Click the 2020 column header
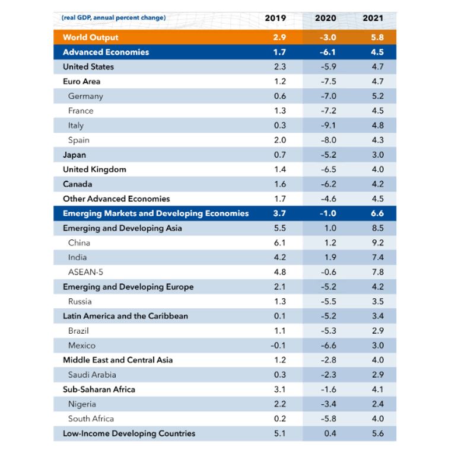click(x=325, y=18)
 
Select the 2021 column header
click(x=373, y=18)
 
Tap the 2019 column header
click(x=275, y=18)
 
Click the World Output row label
click(x=90, y=37)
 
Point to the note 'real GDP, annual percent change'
click(x=114, y=18)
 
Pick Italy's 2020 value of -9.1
click(x=328, y=126)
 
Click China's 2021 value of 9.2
click(x=377, y=243)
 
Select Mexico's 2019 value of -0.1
click(x=278, y=346)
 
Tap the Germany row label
click(x=85, y=97)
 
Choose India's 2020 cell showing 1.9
click(x=330, y=258)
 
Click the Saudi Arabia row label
click(x=92, y=375)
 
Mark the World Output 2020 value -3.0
click(x=328, y=37)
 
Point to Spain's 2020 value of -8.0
click(x=328, y=140)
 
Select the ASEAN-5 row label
click(x=85, y=272)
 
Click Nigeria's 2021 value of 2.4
click(x=377, y=404)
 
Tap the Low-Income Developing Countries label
click(x=129, y=433)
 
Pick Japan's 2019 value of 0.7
click(x=280, y=155)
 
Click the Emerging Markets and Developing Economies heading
click(x=155, y=213)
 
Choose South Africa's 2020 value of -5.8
click(x=328, y=419)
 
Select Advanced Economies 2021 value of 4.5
click(x=377, y=52)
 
